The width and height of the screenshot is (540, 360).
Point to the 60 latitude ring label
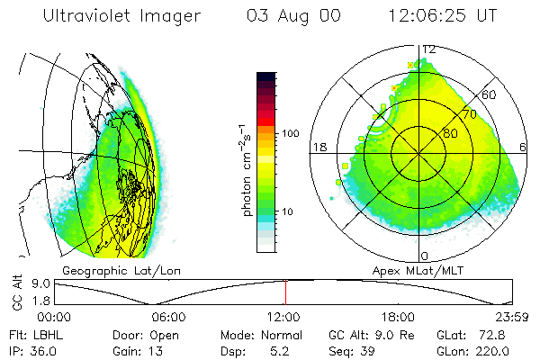tap(490, 94)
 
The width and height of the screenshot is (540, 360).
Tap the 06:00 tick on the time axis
tap(168, 317)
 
